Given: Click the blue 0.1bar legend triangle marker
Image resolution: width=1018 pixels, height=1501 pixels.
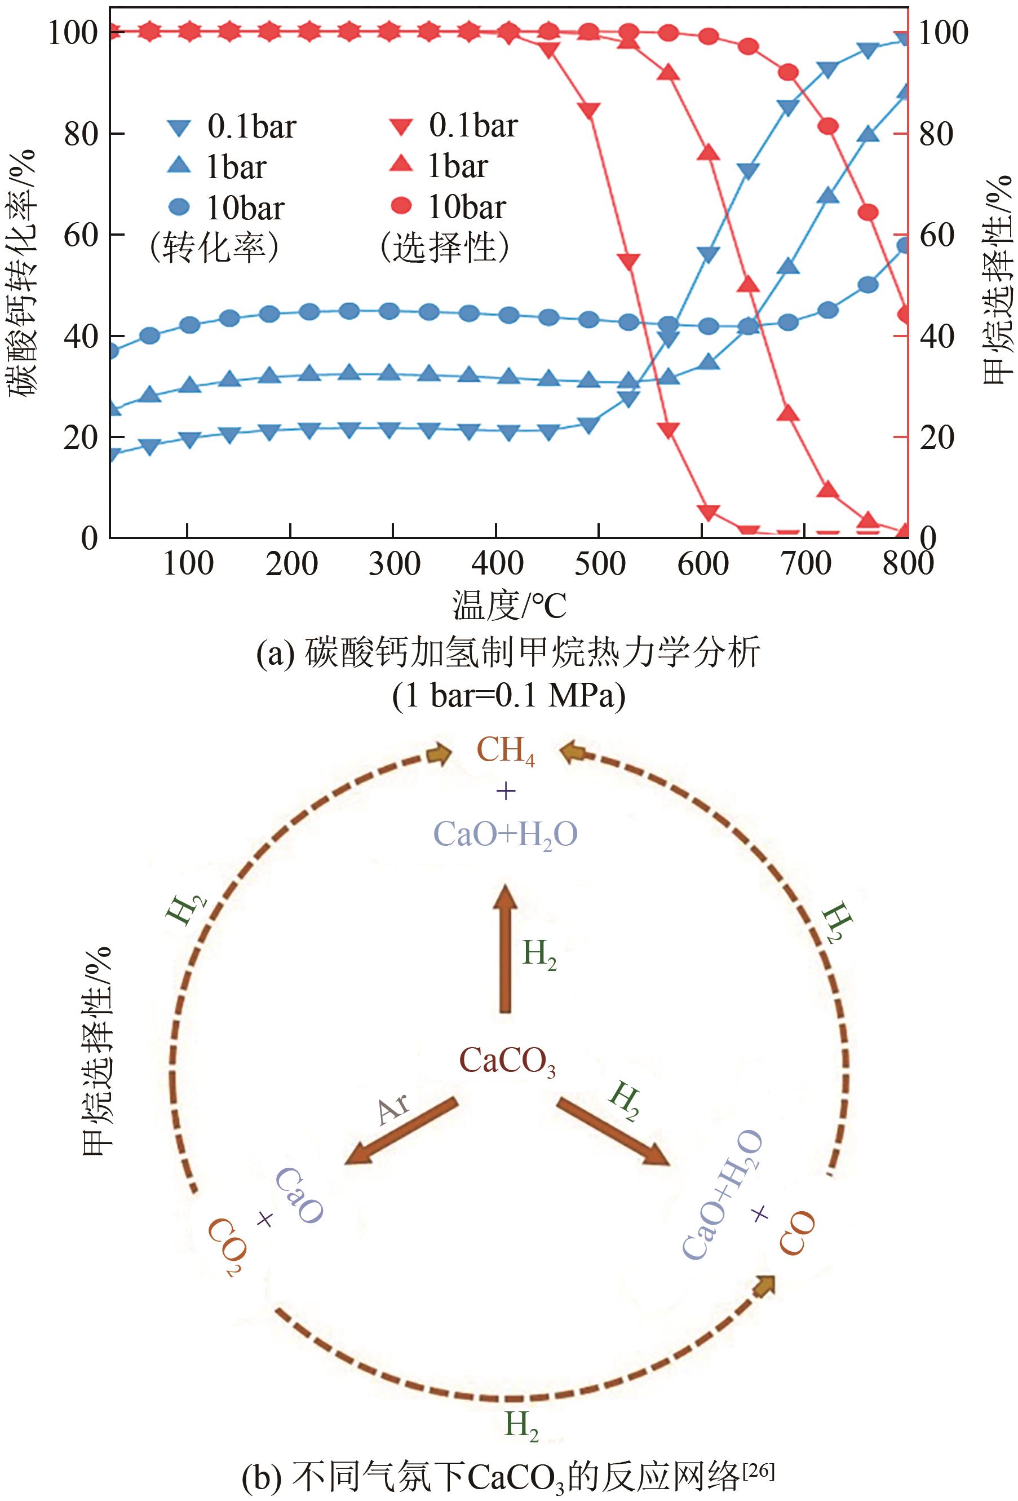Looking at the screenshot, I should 179,127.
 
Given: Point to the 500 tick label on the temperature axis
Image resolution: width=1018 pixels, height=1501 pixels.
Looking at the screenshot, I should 600,563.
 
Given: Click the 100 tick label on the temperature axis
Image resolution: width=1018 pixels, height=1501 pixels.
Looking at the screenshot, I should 188,563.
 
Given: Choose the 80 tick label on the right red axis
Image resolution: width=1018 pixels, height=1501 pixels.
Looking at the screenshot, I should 936,134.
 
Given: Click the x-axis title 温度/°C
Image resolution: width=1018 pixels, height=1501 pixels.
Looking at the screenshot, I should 508,605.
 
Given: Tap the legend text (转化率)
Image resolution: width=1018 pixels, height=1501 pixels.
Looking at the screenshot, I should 214,248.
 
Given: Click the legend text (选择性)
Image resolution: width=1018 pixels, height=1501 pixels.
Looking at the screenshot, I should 445,248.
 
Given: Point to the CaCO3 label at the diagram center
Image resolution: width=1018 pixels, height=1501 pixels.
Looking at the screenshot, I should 507,1062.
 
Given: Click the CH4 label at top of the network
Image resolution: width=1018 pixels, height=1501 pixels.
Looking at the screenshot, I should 506,751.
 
